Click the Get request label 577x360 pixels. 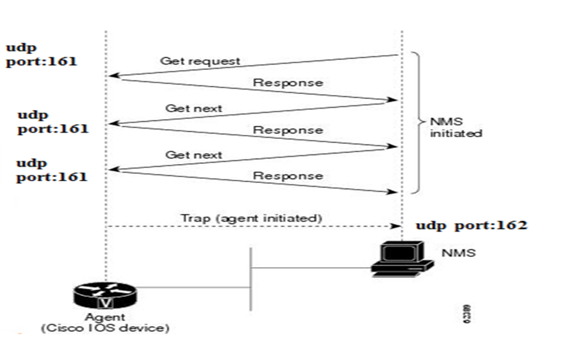point(200,61)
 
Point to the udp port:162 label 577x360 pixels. point(471,225)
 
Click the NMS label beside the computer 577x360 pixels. point(458,252)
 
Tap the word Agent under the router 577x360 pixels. point(105,318)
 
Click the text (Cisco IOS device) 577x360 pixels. point(104,328)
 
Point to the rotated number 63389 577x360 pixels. point(469,312)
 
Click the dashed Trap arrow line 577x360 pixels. point(246,227)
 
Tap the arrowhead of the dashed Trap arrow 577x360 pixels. point(396,227)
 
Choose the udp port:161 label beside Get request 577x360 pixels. point(41,55)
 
